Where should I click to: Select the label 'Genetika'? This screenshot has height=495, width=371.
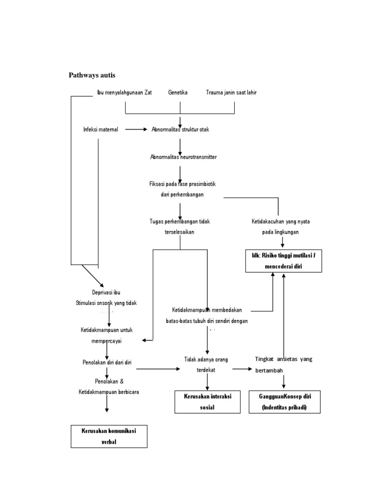pyautogui.click(x=178, y=92)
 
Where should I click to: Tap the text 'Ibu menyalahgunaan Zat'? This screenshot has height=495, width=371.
pyautogui.click(x=124, y=92)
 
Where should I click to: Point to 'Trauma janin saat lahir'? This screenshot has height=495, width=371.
pyautogui.click(x=231, y=92)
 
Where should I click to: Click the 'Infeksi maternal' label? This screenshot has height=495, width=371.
pyautogui.click(x=101, y=130)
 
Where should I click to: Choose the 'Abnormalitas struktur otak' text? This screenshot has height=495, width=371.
pyautogui.click(x=180, y=130)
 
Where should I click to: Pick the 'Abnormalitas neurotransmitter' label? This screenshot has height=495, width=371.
pyautogui.click(x=183, y=157)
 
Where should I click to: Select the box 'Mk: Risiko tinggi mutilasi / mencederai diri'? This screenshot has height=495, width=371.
pyautogui.click(x=283, y=261)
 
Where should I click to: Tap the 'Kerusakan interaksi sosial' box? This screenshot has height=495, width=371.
pyautogui.click(x=208, y=402)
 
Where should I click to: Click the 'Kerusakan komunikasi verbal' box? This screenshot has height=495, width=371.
pyautogui.click(x=109, y=436)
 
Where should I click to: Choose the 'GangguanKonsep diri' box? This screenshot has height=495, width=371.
pyautogui.click(x=285, y=402)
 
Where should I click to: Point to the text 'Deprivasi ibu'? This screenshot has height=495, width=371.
pyautogui.click(x=106, y=293)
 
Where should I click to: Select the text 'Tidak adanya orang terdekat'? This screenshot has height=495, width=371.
pyautogui.click(x=207, y=364)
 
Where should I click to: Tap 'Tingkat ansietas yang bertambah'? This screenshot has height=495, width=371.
pyautogui.click(x=284, y=364)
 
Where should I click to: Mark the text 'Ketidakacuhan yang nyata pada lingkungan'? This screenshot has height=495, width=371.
pyautogui.click(x=281, y=226)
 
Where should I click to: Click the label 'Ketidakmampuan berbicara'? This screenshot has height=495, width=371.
pyautogui.click(x=109, y=392)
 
